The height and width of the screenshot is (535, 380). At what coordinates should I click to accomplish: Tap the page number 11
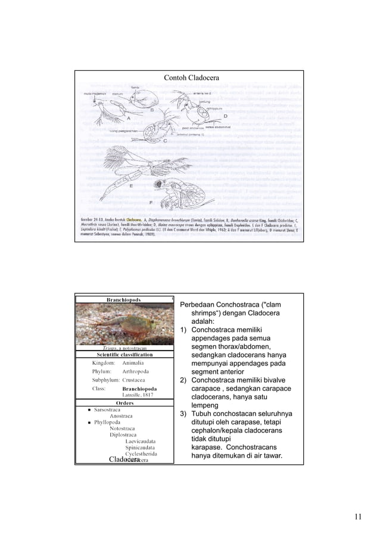(x=357, y=516)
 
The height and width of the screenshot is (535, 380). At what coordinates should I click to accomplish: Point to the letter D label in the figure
(x=225, y=115)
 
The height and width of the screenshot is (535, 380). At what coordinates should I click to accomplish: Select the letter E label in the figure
(x=130, y=186)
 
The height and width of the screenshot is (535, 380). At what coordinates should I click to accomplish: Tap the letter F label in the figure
(x=151, y=203)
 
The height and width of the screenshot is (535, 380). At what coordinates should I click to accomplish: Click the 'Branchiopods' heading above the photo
(x=124, y=299)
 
